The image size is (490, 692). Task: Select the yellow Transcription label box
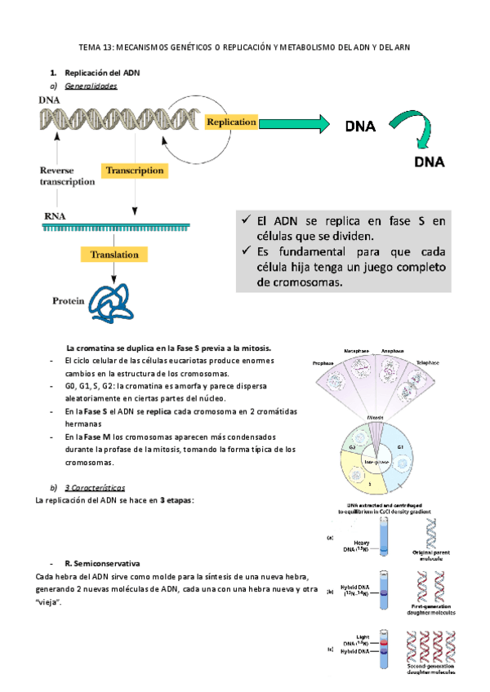(134, 171)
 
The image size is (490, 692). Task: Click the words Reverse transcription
(67, 176)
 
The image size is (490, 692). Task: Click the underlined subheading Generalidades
(91, 86)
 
